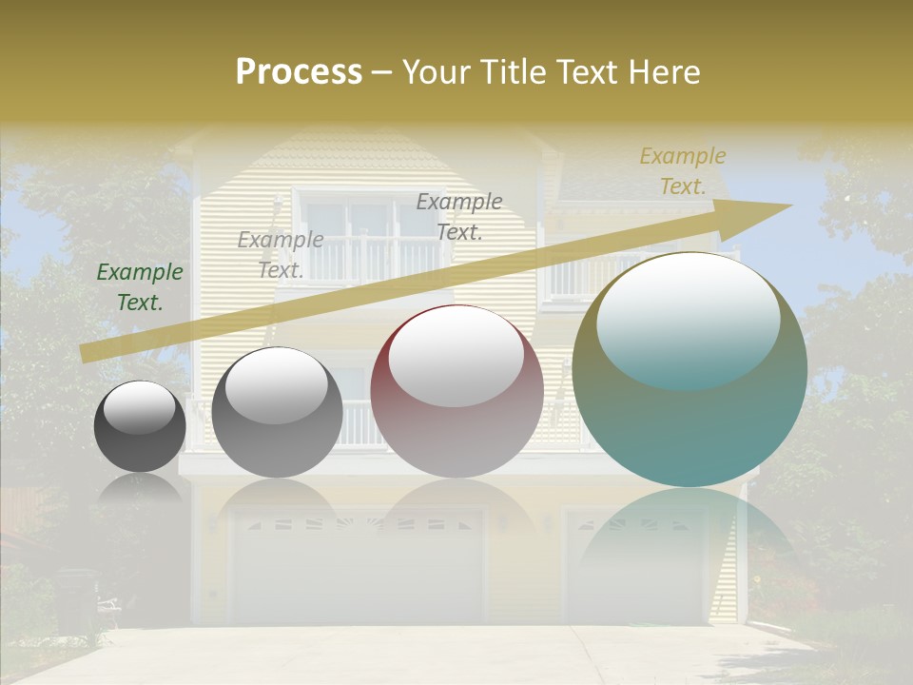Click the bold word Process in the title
pos(299,72)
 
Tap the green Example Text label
pos(140,286)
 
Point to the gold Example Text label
pos(682,171)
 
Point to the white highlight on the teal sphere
pos(688,319)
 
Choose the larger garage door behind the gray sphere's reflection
pos(358,567)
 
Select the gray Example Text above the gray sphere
pos(281,254)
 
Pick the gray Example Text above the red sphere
pos(459,216)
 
